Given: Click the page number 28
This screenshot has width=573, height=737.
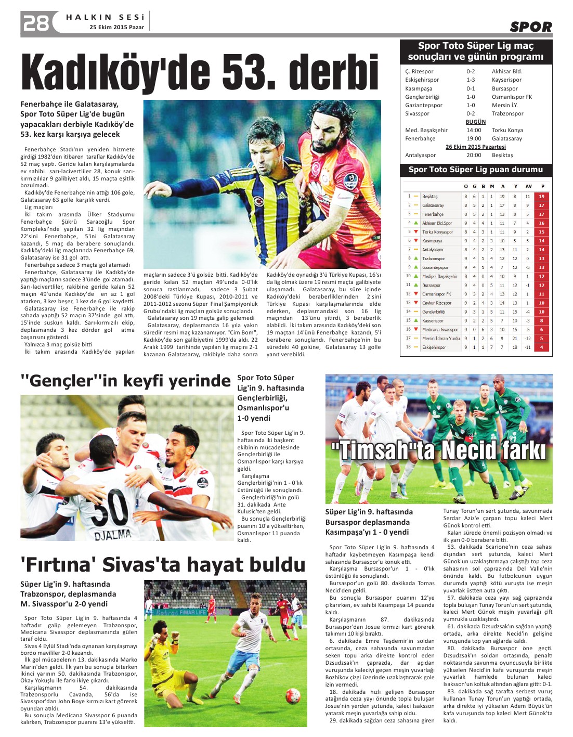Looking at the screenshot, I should pos(35,23).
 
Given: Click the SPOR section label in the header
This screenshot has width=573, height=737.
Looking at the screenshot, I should pos(530,27).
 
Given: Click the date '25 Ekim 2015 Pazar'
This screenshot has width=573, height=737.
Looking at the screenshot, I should pos(117,27).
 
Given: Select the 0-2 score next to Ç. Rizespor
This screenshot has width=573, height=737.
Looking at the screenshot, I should pos(470,72).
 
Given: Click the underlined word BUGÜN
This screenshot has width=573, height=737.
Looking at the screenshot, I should pos(475,122).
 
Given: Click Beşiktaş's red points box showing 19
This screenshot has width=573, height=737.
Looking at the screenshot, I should pos(542,197).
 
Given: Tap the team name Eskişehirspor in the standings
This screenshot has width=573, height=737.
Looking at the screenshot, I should pos(434,347).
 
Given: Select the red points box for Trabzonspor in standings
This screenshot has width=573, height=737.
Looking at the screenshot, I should pos(542,258).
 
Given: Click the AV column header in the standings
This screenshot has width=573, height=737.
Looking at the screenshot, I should pos(528,186).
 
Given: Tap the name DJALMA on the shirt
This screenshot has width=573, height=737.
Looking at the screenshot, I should pos(113,534).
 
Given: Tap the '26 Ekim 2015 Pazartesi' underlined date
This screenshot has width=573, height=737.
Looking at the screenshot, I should pos(475,147).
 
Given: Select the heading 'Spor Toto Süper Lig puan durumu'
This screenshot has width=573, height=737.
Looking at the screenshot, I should pos(475,170).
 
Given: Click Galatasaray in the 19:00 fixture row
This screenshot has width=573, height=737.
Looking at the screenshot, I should pos(506,139).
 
